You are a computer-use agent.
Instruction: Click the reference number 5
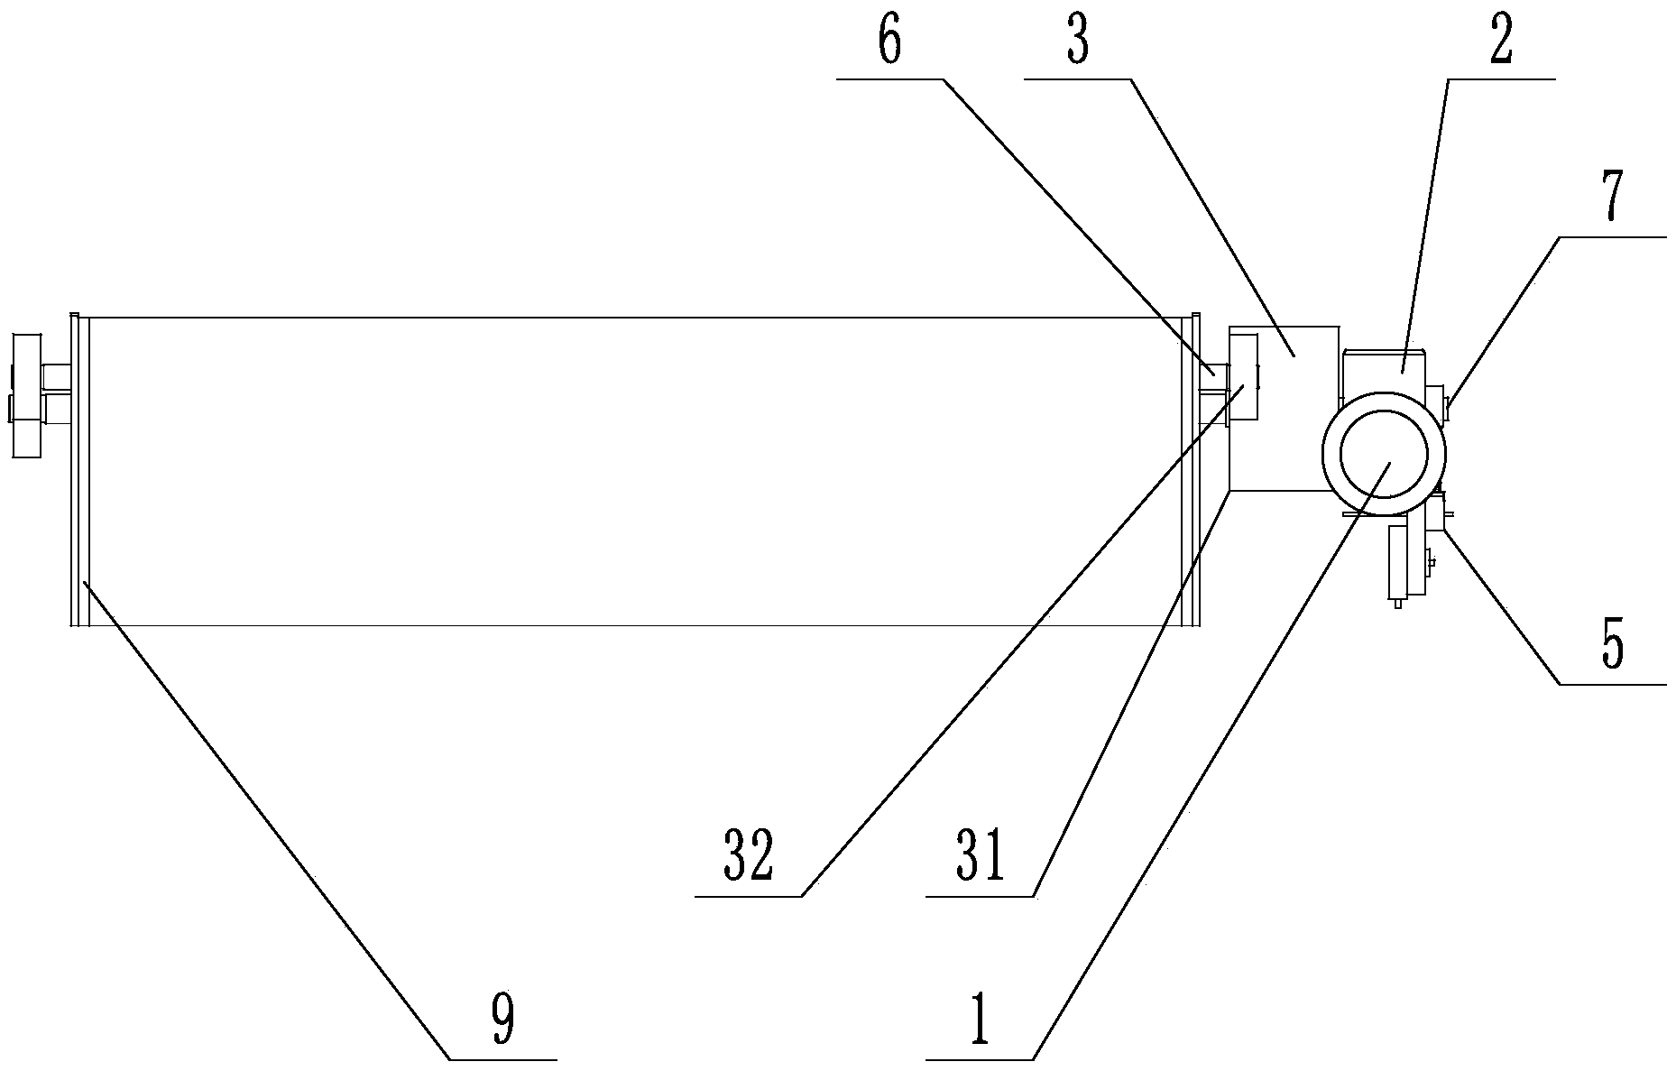tap(1612, 645)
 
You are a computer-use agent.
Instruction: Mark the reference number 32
tap(748, 858)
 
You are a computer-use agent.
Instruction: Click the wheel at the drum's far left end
tap(24, 394)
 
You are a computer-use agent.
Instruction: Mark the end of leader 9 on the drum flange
tap(84, 583)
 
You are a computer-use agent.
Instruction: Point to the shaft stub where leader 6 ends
tap(1214, 371)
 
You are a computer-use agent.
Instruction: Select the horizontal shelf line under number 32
tap(748, 896)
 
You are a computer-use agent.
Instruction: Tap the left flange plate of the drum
tap(77, 469)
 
